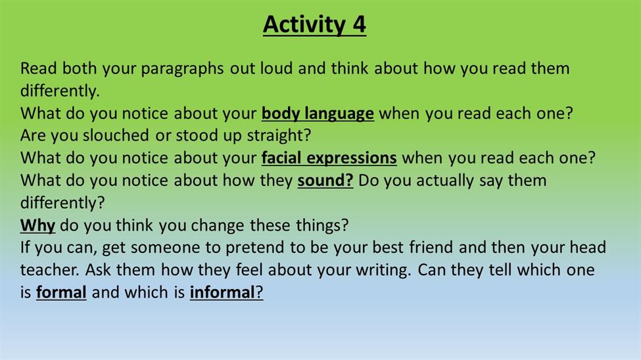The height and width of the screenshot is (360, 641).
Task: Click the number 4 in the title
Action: [358, 24]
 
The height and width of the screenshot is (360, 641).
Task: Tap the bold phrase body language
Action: [318, 114]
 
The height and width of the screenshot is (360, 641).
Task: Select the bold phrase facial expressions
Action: [329, 158]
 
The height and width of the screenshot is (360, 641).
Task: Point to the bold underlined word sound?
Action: [325, 180]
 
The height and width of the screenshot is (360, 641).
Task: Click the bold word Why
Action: [37, 225]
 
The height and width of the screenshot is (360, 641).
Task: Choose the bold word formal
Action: [61, 292]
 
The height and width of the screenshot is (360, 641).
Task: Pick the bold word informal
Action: [222, 292]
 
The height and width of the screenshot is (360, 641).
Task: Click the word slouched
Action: [116, 135]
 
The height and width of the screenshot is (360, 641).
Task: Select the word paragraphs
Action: [182, 69]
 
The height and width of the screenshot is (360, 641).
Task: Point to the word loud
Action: [276, 68]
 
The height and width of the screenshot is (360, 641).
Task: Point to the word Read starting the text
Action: [38, 68]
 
